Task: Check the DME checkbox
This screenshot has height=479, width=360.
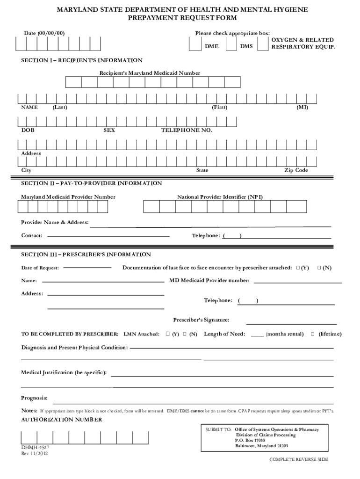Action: (195, 43)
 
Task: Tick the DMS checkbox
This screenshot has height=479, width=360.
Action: (231, 43)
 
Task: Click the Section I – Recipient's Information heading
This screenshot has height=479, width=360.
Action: (82, 60)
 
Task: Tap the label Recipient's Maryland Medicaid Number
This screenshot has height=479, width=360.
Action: (150, 73)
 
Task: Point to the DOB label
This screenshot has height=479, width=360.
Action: (28, 130)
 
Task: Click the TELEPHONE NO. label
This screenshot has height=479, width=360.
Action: (187, 130)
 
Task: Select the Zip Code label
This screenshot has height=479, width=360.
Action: (296, 170)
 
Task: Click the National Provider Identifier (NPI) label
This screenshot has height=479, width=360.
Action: (220, 197)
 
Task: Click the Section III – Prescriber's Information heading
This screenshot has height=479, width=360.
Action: (86, 254)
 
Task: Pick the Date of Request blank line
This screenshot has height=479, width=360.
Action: (87, 268)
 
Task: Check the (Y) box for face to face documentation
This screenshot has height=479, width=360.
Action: (298, 268)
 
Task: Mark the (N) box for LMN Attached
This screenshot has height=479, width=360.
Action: (185, 334)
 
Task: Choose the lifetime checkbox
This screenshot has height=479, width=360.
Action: (313, 334)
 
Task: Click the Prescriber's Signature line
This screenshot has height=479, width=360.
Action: (290, 323)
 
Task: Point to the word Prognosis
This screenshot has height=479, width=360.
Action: (34, 398)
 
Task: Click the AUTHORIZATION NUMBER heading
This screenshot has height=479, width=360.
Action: (62, 420)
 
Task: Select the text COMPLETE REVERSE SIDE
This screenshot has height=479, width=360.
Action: (298, 459)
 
